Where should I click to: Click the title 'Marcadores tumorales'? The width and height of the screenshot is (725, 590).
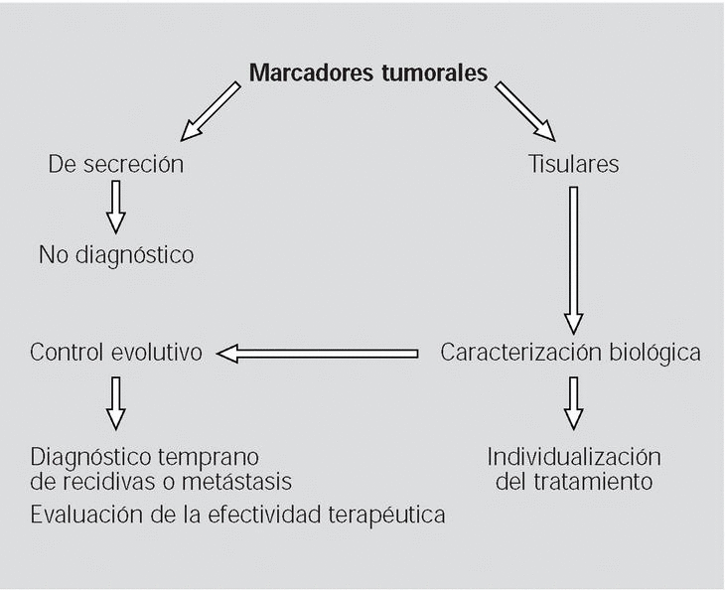[x=368, y=73]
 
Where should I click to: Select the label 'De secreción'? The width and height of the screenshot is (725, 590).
[x=116, y=165]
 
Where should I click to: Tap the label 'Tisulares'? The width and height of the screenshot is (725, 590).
[x=573, y=165]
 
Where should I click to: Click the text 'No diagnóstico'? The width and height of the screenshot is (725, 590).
[x=116, y=255]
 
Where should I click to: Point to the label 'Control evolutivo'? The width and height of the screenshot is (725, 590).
[x=116, y=353]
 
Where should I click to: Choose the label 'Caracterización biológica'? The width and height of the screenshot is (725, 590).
[x=570, y=353]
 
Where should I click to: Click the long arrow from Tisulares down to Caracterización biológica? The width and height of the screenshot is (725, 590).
[x=573, y=258]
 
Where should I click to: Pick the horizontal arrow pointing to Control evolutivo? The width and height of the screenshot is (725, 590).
[x=318, y=353]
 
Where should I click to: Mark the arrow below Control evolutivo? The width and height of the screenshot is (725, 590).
[x=116, y=402]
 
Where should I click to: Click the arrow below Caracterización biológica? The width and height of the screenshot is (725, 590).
[x=573, y=402]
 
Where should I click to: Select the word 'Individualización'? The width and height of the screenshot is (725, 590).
[x=573, y=458]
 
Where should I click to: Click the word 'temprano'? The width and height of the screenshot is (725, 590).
[x=217, y=458]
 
